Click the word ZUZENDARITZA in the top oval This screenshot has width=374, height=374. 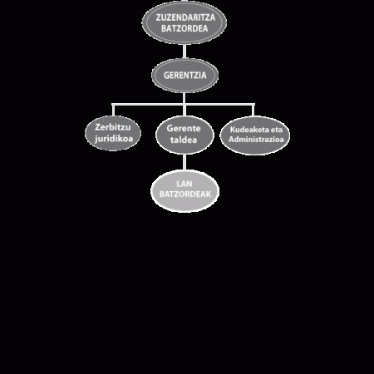coord(185,17)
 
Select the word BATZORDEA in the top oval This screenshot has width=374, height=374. coord(185,28)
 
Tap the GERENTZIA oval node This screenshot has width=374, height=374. coord(185,76)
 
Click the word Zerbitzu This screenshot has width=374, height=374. coord(112,127)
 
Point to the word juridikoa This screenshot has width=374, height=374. coord(114,139)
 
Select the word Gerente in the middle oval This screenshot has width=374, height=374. coord(184,128)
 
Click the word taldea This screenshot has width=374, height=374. coord(184,140)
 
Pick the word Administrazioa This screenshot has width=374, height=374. coord(256,139)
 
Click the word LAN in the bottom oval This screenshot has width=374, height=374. coord(185,184)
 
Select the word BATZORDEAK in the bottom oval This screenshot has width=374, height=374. coord(185,194)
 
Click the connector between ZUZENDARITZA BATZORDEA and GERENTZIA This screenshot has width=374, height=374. coord(185,51)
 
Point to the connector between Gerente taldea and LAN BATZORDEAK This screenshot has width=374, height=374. coord(185,162)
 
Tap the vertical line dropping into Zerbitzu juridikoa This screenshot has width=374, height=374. coord(113,111)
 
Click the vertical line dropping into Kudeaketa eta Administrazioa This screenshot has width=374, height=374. coord(253,111)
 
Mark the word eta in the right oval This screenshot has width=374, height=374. coord(276,130)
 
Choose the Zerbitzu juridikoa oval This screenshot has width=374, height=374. coord(113,133)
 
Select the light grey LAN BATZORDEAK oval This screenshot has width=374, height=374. coord(185,191)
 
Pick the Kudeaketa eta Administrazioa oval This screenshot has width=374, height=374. coord(255,135)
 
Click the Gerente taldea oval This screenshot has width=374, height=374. coord(185,135)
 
